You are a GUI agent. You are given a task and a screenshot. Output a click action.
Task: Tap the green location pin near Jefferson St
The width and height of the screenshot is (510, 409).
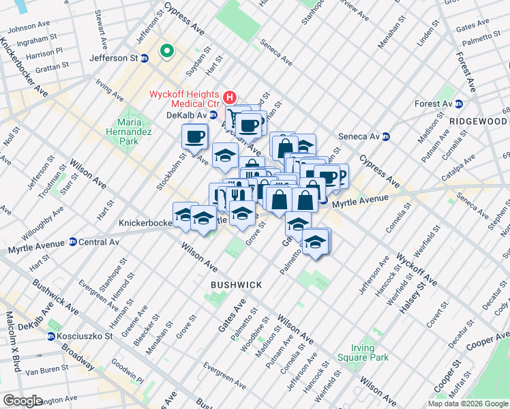coord(166,51)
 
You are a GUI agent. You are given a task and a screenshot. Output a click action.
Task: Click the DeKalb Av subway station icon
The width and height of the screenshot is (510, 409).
coord(213,115)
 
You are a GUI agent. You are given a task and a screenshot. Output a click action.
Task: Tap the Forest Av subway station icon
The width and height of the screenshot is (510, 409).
coord(459,104)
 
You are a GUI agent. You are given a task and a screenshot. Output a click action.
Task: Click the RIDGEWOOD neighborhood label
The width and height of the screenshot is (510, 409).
coord(477,121)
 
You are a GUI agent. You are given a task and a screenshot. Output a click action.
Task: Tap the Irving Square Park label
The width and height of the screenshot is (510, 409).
coord(362,352)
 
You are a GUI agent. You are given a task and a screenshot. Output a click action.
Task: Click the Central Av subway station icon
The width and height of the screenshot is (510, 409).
coord(73,242)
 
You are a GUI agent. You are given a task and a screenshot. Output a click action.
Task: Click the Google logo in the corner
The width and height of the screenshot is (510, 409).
coord(22,401)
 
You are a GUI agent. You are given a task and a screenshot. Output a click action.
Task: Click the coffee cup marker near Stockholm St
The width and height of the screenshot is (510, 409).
coord(194,136)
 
